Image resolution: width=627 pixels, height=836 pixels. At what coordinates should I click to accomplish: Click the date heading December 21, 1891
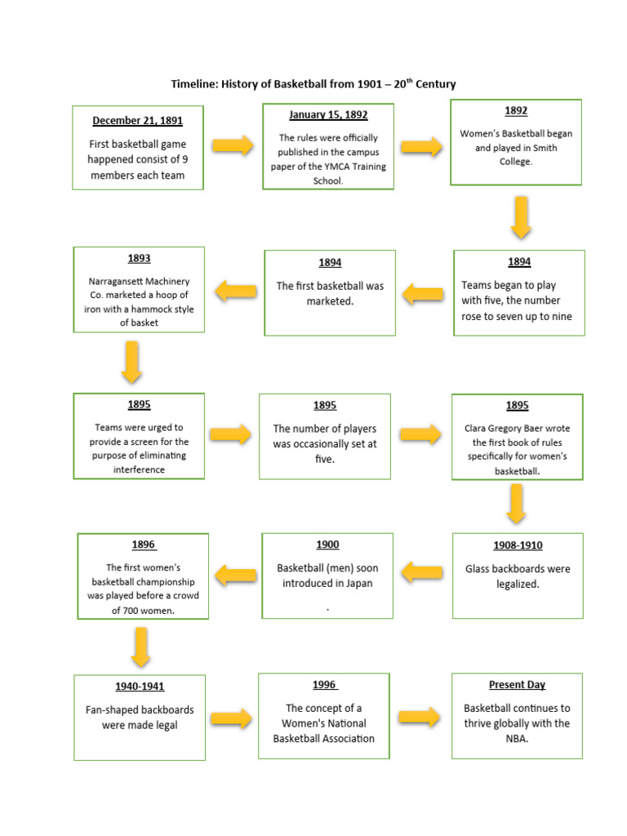coord(137,121)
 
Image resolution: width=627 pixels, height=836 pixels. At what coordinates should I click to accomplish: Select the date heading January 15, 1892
coord(328,115)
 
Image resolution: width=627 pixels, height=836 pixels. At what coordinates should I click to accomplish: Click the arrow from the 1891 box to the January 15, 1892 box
coord(233,146)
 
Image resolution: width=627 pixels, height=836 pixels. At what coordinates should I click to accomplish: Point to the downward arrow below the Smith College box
coord(521,218)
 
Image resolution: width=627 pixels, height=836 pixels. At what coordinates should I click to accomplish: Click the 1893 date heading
coord(139,259)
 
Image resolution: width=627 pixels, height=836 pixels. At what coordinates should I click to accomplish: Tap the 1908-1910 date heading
coord(517,545)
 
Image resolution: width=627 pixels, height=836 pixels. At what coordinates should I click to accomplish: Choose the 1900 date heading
coord(327,545)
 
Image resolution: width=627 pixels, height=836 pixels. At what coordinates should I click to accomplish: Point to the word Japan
coord(358,583)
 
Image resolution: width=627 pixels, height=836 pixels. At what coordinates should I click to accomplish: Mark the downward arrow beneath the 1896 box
coord(140,647)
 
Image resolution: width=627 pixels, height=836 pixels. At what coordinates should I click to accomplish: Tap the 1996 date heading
coord(324,685)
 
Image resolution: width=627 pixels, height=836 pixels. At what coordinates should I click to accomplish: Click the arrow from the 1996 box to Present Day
coord(420,718)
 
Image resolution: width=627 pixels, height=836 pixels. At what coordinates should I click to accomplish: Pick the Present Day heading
coord(517,685)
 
